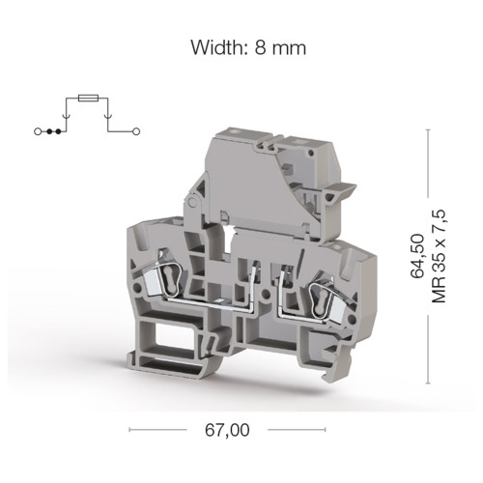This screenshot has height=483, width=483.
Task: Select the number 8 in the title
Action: coord(260,48)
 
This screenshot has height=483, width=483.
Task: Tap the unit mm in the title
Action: coord(289,49)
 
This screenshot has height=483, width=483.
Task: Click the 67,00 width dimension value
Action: coord(227,430)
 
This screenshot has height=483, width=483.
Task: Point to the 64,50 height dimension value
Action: coord(417,256)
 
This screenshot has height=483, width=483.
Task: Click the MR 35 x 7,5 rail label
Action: coord(439,256)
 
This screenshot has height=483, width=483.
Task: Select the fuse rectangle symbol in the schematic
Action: coord(89,98)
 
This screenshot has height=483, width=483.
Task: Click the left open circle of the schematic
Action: coord(38,131)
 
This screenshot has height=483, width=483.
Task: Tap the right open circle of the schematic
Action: coord(136,131)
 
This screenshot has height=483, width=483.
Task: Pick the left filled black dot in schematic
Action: coord(49,131)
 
